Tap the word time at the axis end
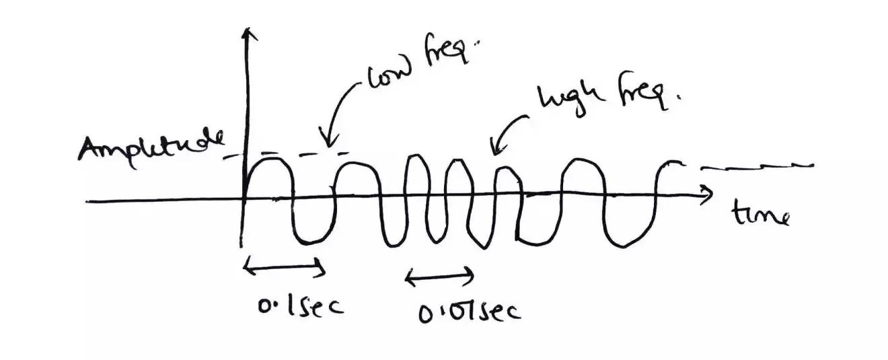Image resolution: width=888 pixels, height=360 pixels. [x=760, y=216]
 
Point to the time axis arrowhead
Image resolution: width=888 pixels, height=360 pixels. [x=706, y=196]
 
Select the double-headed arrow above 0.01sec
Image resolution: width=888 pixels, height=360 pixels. [x=439, y=275]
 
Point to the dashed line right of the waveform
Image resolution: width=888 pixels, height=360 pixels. [x=757, y=166]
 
